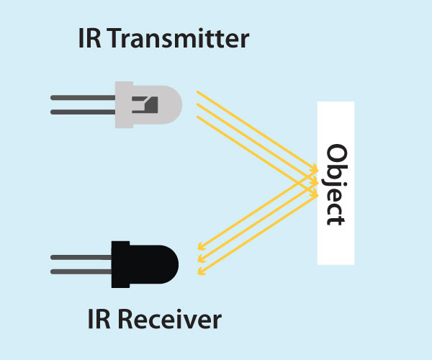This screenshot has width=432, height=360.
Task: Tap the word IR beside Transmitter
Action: [88, 38]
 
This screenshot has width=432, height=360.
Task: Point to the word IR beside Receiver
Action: [96, 318]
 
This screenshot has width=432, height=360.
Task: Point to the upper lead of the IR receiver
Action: [80, 256]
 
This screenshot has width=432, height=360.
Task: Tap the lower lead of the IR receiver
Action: [80, 271]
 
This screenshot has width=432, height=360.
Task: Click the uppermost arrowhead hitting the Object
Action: [315, 169]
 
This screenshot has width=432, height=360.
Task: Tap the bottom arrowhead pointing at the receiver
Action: [201, 271]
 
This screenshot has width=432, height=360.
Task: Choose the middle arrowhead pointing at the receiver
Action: [200, 260]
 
